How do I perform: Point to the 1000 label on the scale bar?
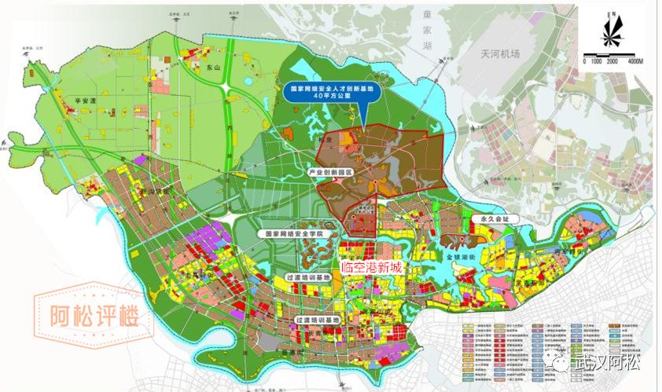click(596, 60)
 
